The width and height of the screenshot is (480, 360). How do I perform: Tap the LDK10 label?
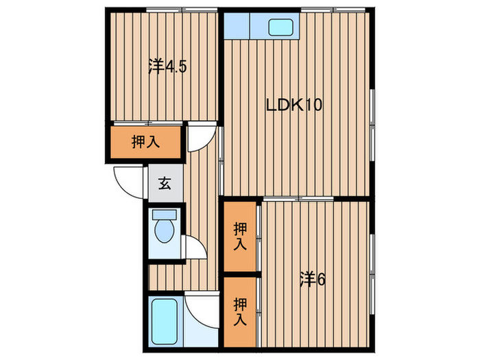pos(294,106)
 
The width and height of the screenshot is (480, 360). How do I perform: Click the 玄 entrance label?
pos(165,184)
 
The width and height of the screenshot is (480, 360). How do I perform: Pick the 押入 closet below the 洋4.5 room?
pos(146,143)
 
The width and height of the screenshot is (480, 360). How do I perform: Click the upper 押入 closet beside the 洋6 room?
pos(239,237)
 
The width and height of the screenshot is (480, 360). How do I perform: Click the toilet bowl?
pos(165,232)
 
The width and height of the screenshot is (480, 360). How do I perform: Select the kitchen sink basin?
pos(280,28)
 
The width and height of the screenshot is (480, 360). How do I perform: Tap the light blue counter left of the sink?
pos(237,26)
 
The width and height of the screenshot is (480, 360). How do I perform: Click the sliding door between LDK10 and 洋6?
pos(299,199)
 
